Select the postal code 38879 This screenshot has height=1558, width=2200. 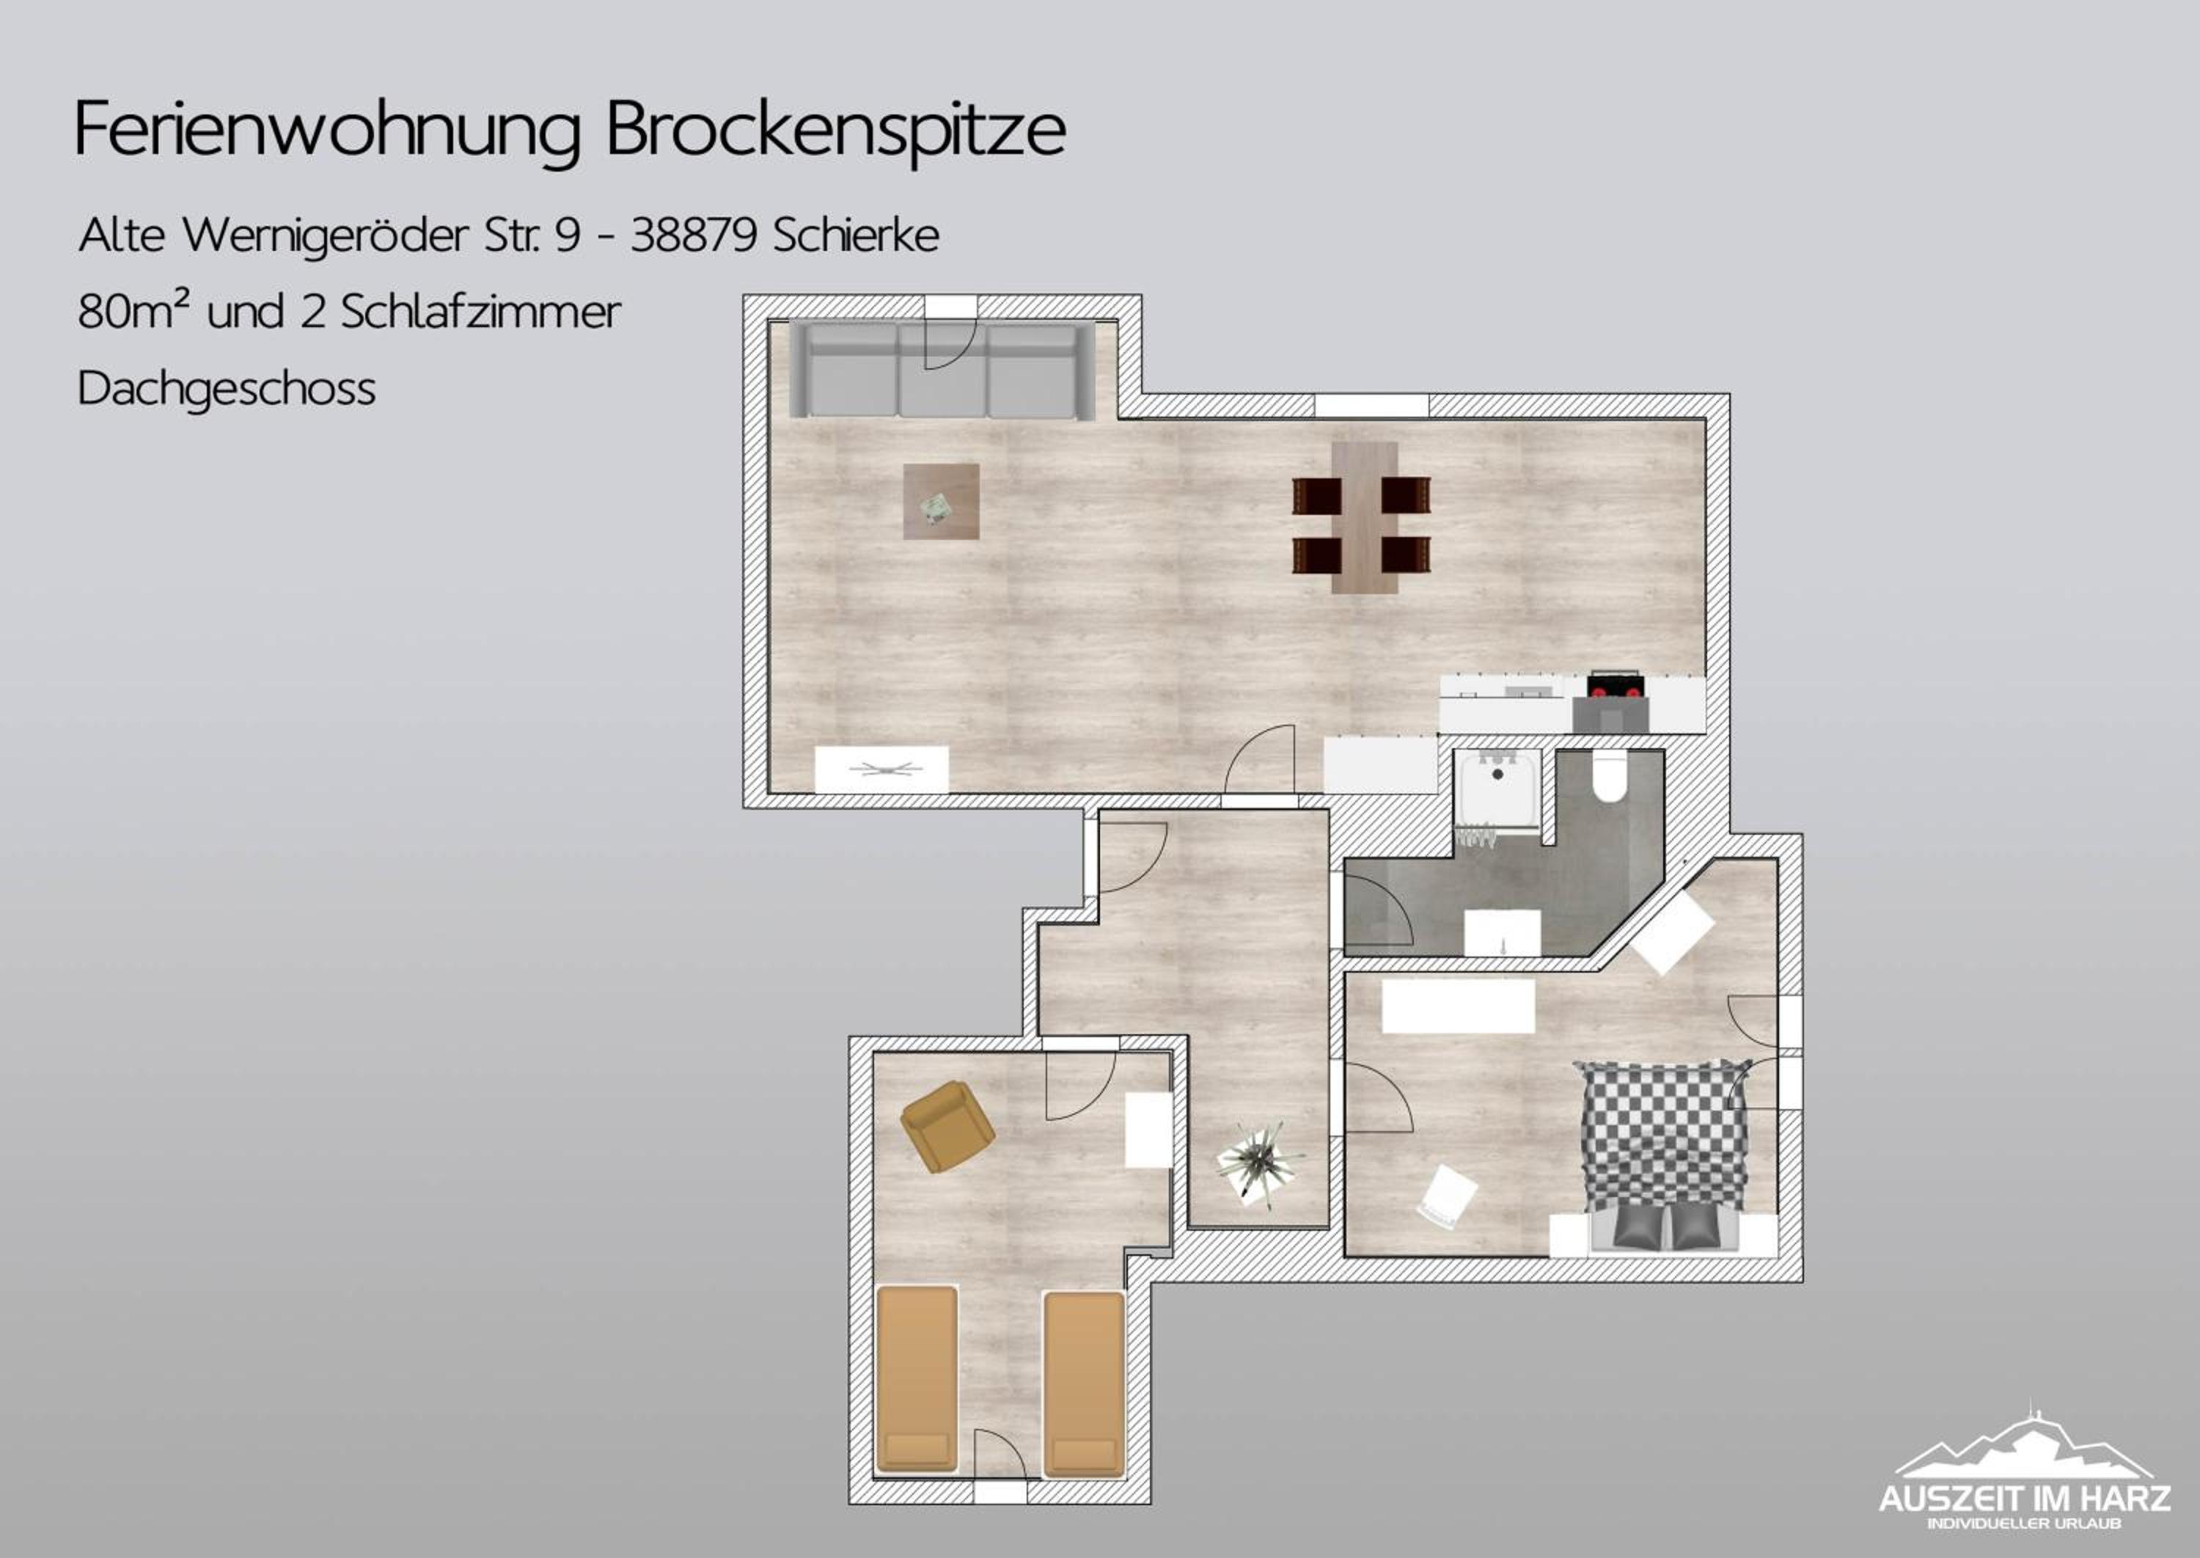(x=692, y=235)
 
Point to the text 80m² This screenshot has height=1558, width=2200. (x=133, y=311)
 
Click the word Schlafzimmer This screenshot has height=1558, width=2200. (x=480, y=312)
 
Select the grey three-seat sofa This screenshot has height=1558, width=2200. (x=942, y=370)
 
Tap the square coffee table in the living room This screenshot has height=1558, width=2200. (x=941, y=502)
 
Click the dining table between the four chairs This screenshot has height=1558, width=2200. (x=1364, y=517)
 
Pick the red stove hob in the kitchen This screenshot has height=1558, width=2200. (x=1616, y=686)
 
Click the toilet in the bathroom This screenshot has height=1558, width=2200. (x=1609, y=777)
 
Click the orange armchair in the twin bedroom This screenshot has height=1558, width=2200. (x=947, y=1126)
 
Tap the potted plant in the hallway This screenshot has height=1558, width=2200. (x=1258, y=1163)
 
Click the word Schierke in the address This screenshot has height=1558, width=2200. (x=856, y=235)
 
